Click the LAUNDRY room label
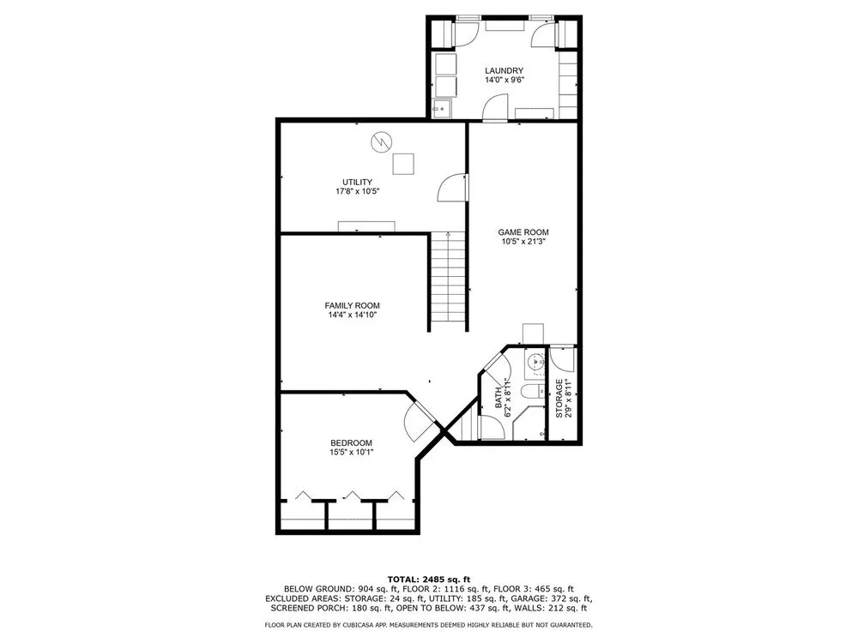504,70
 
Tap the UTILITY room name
357,182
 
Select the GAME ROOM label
523,232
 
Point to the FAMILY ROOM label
352,306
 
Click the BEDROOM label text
351,443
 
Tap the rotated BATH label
498,398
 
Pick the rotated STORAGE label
559,398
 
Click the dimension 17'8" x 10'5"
357,192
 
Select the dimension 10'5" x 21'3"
523,242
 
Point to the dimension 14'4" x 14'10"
352,315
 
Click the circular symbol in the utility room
382,142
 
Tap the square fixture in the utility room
403,164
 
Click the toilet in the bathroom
533,391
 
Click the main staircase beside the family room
448,277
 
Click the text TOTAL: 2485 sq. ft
429,579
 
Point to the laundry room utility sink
442,108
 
